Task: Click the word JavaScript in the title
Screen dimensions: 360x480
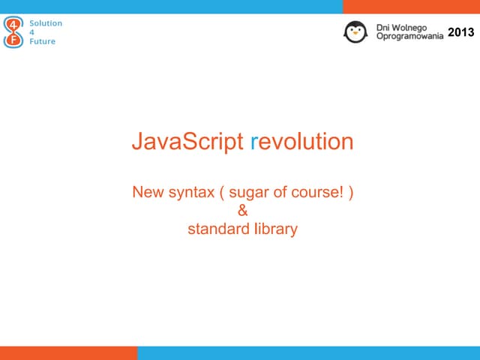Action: [187, 142]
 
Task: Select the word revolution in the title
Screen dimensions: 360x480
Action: [301, 142]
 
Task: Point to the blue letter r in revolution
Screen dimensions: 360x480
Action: [253, 142]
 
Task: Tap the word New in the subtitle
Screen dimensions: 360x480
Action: [148, 193]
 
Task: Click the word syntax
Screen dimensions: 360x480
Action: [191, 193]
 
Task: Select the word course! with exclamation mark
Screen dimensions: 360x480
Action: [316, 193]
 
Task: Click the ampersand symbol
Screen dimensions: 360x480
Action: [242, 211]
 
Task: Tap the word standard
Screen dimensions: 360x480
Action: [218, 229]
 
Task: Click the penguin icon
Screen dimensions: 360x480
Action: [355, 31]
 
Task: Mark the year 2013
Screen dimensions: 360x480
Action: [460, 32]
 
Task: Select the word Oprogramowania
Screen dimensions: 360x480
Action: [409, 37]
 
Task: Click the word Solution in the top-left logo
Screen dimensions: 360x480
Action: [46, 23]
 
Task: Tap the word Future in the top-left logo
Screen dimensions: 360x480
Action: [42, 41]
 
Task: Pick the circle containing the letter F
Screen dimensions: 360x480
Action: [13, 40]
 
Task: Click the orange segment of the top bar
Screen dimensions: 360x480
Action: [411, 6]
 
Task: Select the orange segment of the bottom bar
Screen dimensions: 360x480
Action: [68, 353]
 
